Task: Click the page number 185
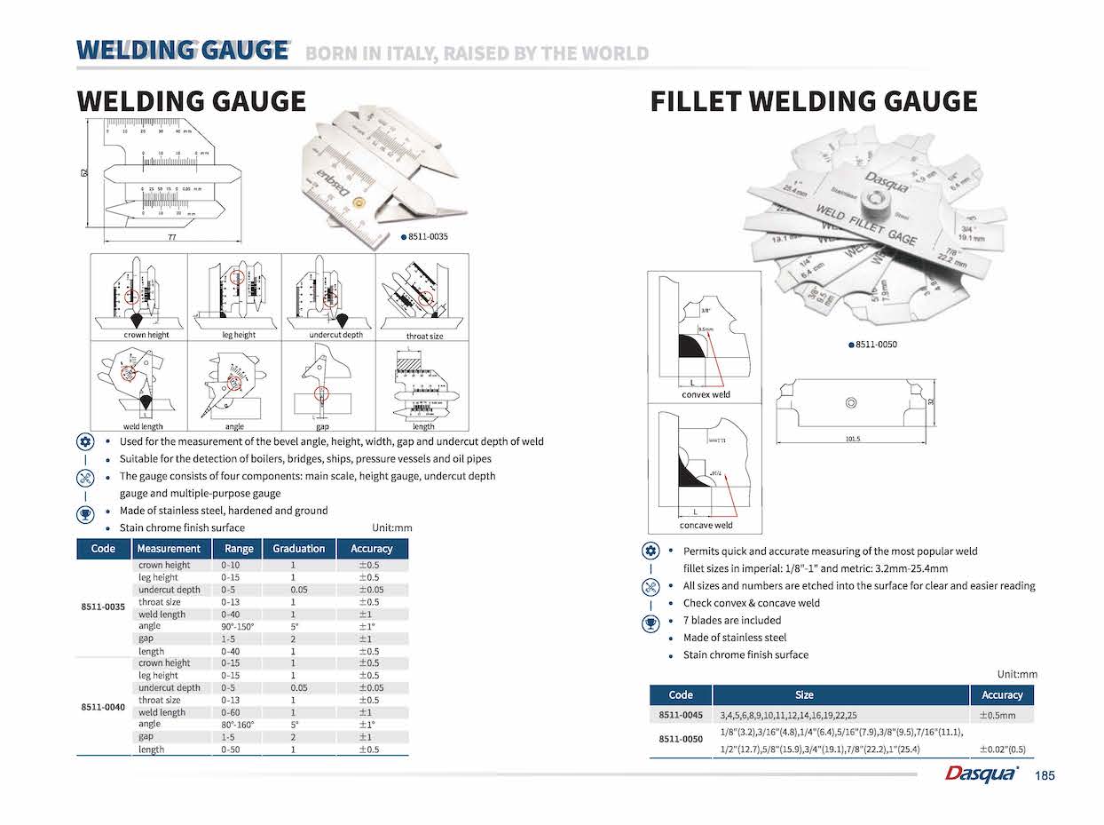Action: pos(1045,776)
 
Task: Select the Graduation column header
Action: pos(298,549)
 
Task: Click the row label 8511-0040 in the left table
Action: pos(103,707)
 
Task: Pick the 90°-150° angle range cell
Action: pos(238,627)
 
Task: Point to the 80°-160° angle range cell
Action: pos(238,725)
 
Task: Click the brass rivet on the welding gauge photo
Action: pos(359,202)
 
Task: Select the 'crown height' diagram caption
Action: pos(146,335)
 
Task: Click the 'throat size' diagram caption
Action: pos(424,336)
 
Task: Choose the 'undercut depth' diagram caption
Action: pos(335,335)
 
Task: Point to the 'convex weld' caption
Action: pos(706,394)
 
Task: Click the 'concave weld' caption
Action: pos(706,525)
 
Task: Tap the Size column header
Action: pos(804,695)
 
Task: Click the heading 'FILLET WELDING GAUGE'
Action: pos(814,101)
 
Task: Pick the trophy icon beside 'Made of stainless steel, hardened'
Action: pos(85,512)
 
